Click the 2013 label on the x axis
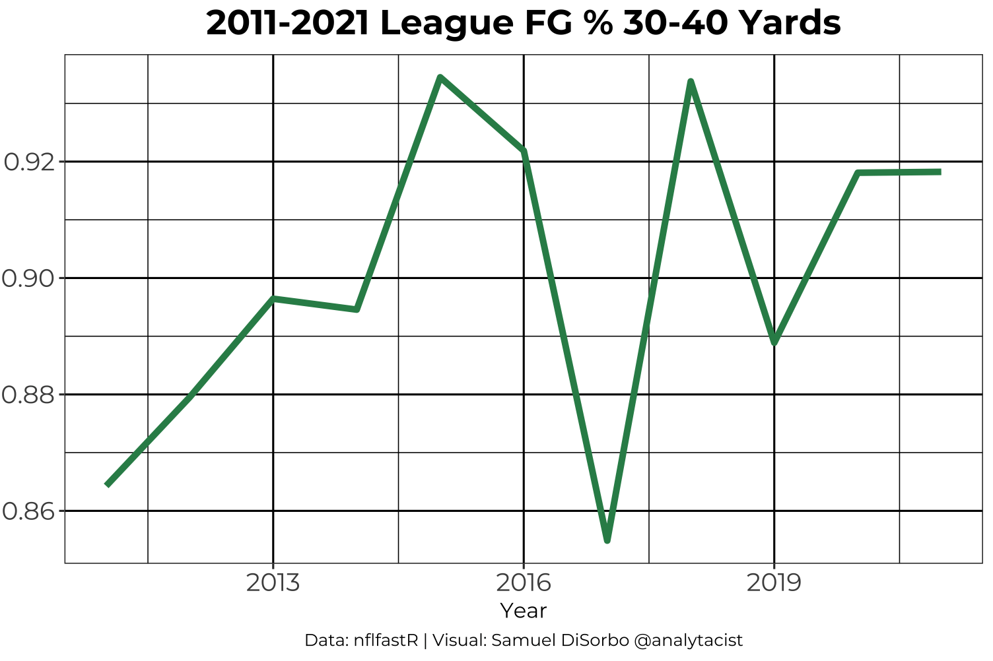point(273,582)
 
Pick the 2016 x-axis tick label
point(524,582)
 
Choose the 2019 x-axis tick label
point(774,582)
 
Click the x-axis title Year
point(524,611)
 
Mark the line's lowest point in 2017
point(607,541)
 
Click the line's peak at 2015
point(440,78)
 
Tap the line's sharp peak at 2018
point(691,81)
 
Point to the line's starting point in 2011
point(107,485)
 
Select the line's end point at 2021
point(940,172)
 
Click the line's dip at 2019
point(774,342)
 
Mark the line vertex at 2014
point(357,309)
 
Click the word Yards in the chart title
point(790,24)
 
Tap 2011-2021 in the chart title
point(288,24)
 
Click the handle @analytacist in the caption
point(688,641)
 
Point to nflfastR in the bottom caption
point(386,641)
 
